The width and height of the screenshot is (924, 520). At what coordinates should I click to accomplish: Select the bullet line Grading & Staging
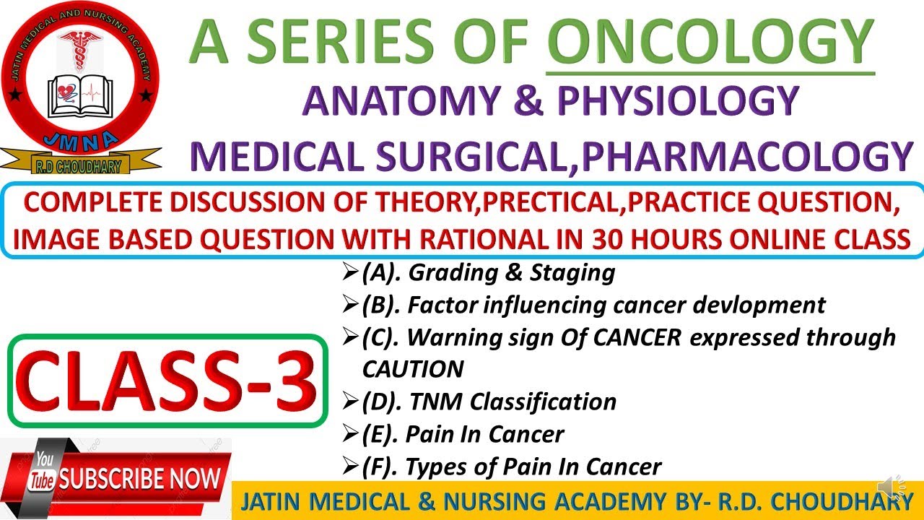coord(488,273)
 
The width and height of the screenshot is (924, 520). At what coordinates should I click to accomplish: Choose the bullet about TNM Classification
coord(489,402)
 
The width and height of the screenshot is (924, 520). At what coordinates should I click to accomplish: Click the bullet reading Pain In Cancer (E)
coord(484,434)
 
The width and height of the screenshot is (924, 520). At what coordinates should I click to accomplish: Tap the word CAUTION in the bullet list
coord(412,370)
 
